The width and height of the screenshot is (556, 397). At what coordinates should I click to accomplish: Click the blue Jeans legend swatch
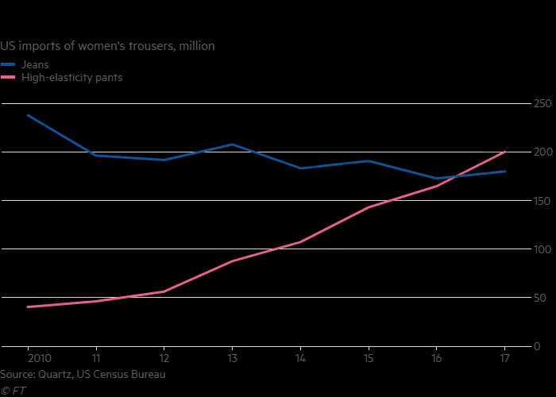coord(8,64)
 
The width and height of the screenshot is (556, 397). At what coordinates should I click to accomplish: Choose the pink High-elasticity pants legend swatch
coord(8,77)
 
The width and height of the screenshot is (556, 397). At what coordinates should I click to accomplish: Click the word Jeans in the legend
coord(36,64)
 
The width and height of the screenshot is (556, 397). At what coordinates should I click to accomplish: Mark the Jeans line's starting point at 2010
coord(28,115)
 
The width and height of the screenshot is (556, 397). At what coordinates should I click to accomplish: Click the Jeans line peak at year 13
coord(232,145)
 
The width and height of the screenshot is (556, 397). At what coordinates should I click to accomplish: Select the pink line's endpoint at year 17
coord(504,152)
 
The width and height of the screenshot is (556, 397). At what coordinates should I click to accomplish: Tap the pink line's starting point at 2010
coord(28,306)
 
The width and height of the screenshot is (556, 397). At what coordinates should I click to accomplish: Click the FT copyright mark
coord(11,389)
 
